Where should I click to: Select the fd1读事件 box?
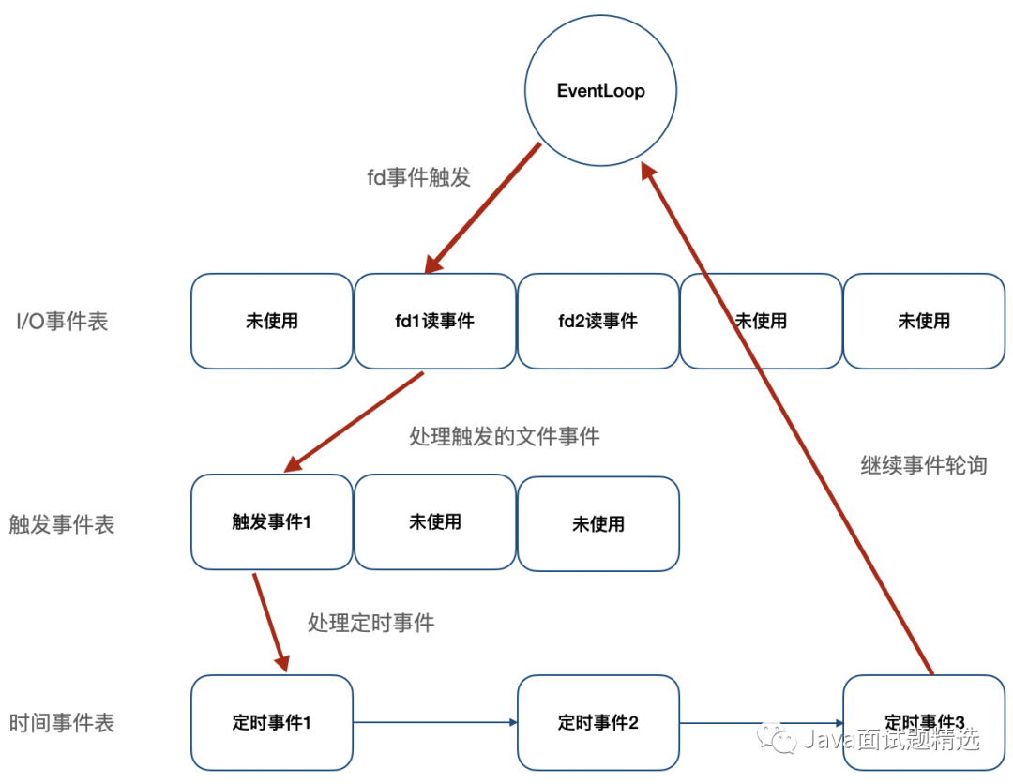pyautogui.click(x=435, y=321)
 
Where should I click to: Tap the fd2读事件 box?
pyautogui.click(x=598, y=321)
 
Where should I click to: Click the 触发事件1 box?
pyautogui.click(x=272, y=521)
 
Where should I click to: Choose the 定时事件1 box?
pyautogui.click(x=272, y=723)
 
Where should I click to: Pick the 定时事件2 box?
pyautogui.click(x=598, y=723)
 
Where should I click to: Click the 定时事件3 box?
pyautogui.click(x=925, y=723)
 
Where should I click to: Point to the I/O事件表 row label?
pyautogui.click(x=62, y=322)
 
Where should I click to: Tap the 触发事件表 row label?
pyautogui.click(x=61, y=523)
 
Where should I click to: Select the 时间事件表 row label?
pyautogui.click(x=61, y=723)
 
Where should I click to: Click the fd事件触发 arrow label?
pyautogui.click(x=418, y=177)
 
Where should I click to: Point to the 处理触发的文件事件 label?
pyautogui.click(x=505, y=437)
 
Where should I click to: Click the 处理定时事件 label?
pyautogui.click(x=370, y=623)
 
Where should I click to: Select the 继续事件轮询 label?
pyautogui.click(x=924, y=465)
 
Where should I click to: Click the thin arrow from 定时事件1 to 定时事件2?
pyautogui.click(x=435, y=723)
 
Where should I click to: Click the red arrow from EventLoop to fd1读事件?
pyautogui.click(x=482, y=208)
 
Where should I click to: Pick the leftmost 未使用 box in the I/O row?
pyautogui.click(x=272, y=321)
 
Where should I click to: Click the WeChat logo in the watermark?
pyautogui.click(x=778, y=738)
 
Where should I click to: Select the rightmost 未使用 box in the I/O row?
pyautogui.click(x=925, y=321)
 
